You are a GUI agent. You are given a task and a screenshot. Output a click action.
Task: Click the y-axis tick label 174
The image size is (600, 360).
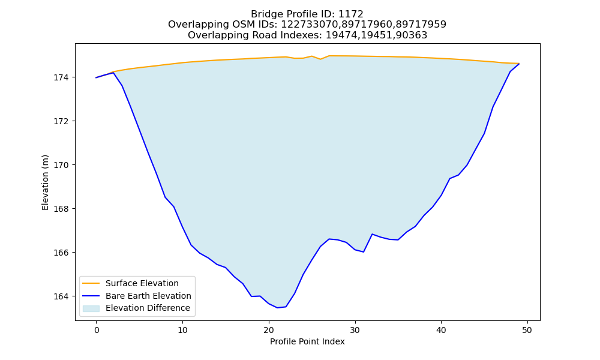(61, 77)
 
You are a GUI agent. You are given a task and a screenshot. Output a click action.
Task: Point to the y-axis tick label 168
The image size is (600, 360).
(61, 209)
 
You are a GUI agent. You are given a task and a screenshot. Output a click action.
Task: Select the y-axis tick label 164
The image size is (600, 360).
(61, 296)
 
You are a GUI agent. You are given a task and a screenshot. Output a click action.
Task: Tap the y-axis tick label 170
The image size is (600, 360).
(61, 165)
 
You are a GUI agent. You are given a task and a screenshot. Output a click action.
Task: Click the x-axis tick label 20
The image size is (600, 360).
(269, 330)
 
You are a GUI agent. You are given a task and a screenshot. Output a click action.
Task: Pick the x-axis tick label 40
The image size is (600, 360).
(441, 330)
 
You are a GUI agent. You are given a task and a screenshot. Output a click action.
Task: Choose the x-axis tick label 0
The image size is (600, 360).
(97, 330)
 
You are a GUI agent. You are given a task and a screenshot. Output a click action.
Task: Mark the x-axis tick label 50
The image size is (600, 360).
(527, 330)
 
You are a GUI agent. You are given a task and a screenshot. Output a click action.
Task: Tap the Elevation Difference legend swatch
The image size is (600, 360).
(91, 308)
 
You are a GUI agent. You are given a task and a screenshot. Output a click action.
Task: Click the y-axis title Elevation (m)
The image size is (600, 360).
(45, 182)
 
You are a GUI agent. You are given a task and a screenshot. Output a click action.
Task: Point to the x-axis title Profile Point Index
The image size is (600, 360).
(307, 341)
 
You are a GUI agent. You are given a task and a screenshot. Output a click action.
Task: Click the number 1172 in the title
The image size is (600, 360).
(350, 14)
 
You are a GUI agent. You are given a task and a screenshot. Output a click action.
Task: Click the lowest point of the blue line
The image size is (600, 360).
(277, 308)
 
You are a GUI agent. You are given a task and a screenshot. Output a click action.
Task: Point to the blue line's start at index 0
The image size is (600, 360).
(97, 77)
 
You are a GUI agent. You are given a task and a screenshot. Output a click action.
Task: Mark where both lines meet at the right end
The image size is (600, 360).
(519, 64)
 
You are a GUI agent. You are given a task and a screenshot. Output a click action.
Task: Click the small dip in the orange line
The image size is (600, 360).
(320, 59)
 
